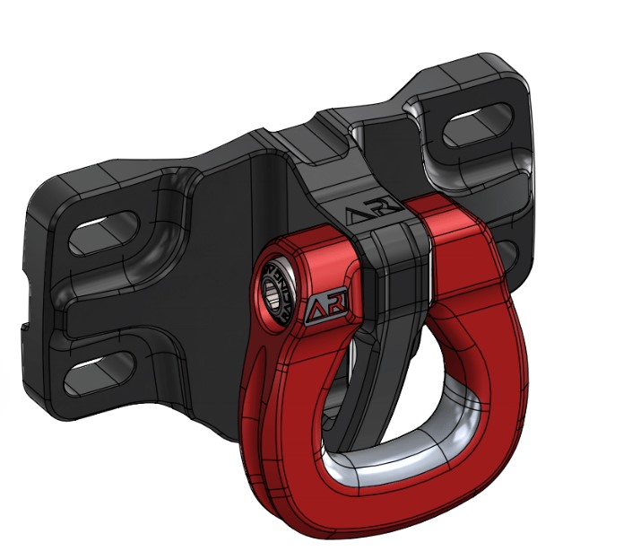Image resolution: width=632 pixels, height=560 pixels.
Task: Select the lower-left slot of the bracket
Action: pyautogui.click(x=100, y=365)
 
